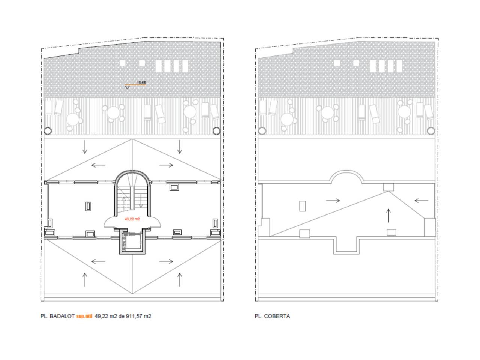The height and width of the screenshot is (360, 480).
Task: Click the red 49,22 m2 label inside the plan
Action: point(132,219)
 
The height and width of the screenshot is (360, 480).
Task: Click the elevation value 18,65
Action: point(141,82)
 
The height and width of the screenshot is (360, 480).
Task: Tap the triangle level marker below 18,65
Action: point(127,87)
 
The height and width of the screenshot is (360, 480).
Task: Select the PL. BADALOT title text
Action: point(57,316)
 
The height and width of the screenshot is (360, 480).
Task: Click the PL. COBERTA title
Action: point(272,316)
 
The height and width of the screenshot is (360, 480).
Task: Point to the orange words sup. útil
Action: point(84,316)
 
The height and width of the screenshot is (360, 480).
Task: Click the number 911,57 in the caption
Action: point(134,316)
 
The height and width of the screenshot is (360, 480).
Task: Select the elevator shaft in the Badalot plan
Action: point(132,241)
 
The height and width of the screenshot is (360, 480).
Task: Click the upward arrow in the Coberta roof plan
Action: point(388,216)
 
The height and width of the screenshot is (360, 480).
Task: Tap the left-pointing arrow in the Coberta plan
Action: point(421,200)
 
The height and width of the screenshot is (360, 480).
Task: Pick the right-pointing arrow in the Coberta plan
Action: point(333,200)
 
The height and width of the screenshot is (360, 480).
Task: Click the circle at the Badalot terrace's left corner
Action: point(48,131)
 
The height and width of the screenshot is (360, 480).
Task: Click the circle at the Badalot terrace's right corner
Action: point(216,131)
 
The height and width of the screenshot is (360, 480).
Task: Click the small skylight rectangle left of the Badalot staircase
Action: point(88,206)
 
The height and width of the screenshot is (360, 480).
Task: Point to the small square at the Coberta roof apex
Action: point(388,187)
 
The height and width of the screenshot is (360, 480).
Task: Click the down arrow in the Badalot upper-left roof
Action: point(85,147)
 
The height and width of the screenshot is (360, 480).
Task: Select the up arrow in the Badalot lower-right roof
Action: point(180,279)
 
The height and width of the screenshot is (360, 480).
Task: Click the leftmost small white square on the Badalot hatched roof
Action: point(123,63)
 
